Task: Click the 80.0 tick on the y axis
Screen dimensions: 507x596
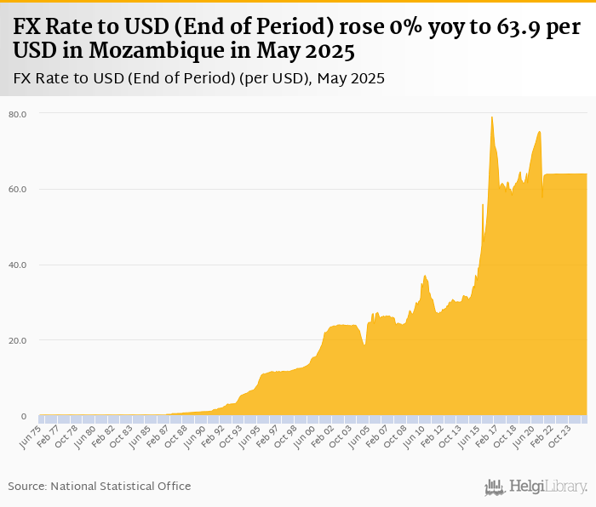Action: (18, 113)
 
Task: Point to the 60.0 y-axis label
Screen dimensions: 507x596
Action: (18, 189)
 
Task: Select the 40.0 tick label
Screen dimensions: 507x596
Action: (18, 265)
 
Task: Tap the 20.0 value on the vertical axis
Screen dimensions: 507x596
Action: (18, 340)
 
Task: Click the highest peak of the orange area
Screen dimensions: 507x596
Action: (492, 117)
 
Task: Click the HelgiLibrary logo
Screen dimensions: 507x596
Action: (536, 487)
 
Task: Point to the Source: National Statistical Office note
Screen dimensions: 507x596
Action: (100, 486)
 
